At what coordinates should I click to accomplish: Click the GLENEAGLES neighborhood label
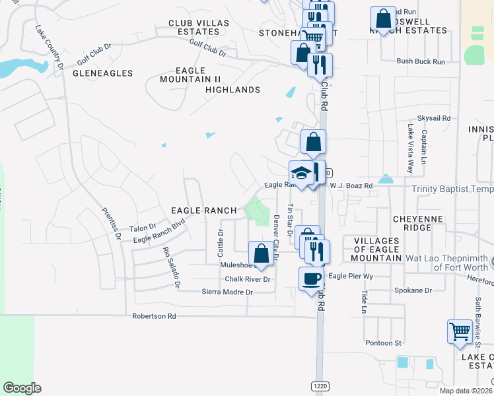click(102, 73)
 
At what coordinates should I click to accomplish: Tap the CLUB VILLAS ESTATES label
click(198, 27)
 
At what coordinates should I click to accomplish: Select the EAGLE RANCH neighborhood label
click(203, 211)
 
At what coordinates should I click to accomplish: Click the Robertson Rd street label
click(154, 316)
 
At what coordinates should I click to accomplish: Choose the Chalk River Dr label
click(248, 279)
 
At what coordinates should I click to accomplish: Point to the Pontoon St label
click(383, 343)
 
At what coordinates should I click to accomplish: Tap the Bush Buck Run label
click(421, 61)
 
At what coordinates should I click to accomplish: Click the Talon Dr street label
click(142, 228)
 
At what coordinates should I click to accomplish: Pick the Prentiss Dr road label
click(110, 222)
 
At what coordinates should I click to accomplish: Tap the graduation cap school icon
click(302, 173)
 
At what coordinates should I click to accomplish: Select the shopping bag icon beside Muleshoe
click(262, 253)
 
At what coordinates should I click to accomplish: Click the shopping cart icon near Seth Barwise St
click(460, 331)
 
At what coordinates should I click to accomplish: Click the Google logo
click(22, 388)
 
